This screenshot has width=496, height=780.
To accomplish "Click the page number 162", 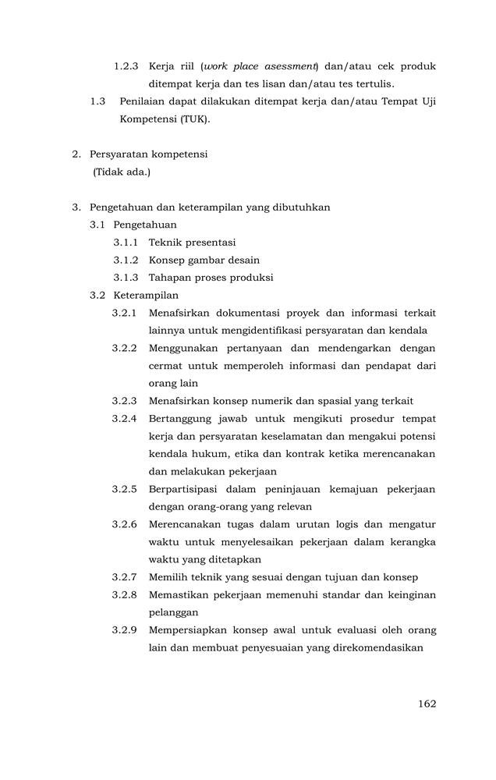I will (x=427, y=704).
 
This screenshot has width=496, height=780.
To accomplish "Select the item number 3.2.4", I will (x=125, y=419).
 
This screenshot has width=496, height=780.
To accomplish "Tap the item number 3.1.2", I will (x=126, y=260).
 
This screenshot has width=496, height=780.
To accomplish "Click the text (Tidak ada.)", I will (x=122, y=172).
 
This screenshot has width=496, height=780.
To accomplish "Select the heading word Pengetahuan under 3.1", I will (x=145, y=225).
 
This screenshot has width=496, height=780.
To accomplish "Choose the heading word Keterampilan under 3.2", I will (x=146, y=296).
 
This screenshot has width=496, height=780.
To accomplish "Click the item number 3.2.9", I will (x=125, y=630).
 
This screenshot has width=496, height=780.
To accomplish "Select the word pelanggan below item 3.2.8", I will (x=174, y=612).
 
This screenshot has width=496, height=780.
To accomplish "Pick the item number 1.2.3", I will (x=126, y=66).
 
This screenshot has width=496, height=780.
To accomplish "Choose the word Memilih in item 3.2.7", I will (x=168, y=577).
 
